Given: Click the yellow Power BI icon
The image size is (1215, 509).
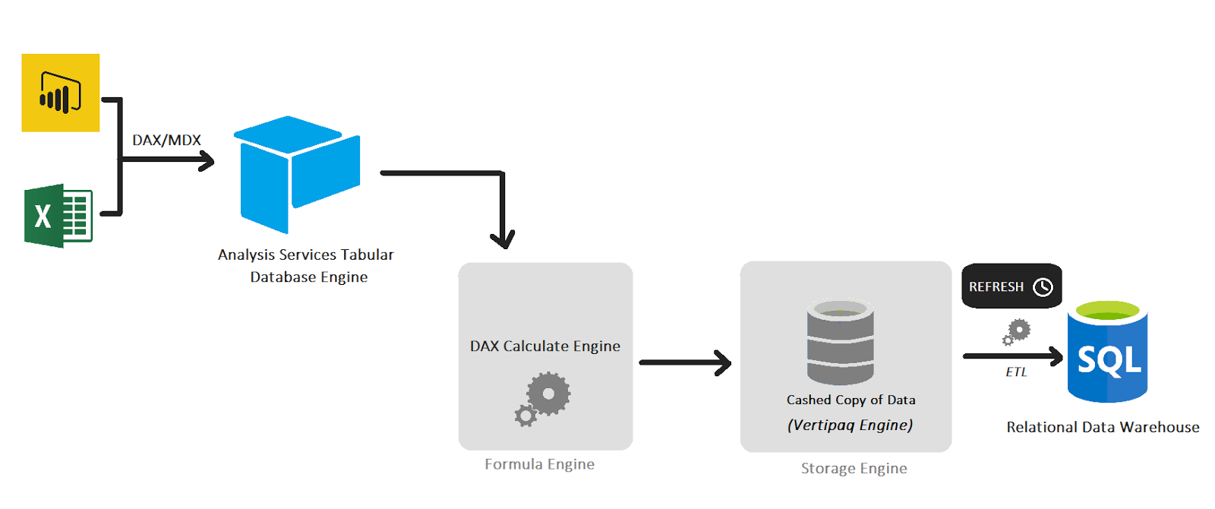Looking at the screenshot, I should pyautogui.click(x=61, y=93).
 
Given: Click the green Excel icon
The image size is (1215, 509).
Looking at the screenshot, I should pyautogui.click(x=58, y=216).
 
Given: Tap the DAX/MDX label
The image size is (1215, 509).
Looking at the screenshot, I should pyautogui.click(x=166, y=141).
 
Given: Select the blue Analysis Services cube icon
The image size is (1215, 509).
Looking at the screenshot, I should pyautogui.click(x=297, y=174).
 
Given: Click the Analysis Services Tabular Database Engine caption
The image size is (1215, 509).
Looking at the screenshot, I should pyautogui.click(x=306, y=266).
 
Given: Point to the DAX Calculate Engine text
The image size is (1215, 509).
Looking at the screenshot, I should pyautogui.click(x=545, y=346).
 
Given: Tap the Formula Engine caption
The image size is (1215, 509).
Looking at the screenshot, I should pyautogui.click(x=539, y=464).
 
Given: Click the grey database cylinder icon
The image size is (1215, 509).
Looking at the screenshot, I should pyautogui.click(x=840, y=342).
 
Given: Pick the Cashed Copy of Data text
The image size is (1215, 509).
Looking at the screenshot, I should pyautogui.click(x=850, y=400).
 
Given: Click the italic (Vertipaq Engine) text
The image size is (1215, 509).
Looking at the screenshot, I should pyautogui.click(x=850, y=425).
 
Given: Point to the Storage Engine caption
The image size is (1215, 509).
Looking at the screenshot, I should pyautogui.click(x=854, y=469).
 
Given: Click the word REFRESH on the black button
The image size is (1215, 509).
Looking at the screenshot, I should pyautogui.click(x=996, y=287).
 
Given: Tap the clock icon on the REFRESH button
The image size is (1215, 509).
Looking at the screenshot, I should pyautogui.click(x=1043, y=287).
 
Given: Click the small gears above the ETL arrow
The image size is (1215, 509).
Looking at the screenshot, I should pyautogui.click(x=1016, y=332).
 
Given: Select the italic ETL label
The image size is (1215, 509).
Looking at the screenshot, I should pyautogui.click(x=1016, y=372).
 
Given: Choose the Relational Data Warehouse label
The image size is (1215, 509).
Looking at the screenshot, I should pyautogui.click(x=1103, y=428).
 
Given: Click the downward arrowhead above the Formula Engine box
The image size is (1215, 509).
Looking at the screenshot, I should pyautogui.click(x=502, y=239).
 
